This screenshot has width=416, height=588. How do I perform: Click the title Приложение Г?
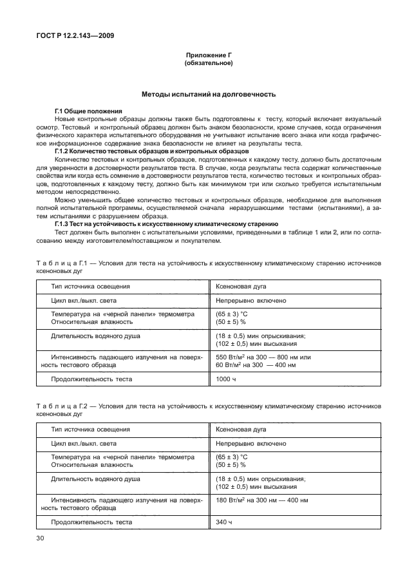208,56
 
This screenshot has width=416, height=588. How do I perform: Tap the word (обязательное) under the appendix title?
208,64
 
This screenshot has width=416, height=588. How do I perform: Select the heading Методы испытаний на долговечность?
208,94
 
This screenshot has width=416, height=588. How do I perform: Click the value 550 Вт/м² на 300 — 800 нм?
263,357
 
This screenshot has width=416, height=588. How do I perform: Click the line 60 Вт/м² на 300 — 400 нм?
256,365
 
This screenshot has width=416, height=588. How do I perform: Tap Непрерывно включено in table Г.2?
251,443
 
